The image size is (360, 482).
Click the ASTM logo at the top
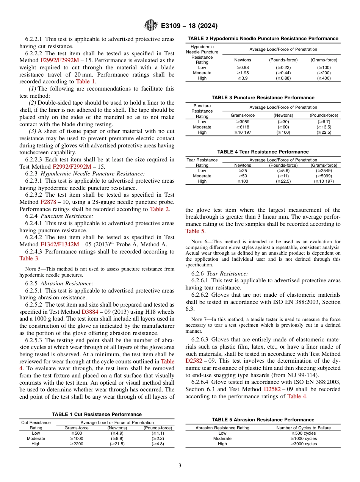[x=150, y=26]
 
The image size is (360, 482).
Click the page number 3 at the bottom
[x=180, y=466]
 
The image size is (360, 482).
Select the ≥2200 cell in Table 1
[x=77, y=444]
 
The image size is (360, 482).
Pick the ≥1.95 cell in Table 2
[x=243, y=73]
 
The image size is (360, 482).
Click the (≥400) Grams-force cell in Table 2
[x=324, y=78]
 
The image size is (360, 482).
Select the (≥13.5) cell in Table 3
[x=324, y=127]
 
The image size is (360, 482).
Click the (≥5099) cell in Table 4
[x=324, y=176]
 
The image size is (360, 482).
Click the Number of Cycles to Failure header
[x=304, y=428]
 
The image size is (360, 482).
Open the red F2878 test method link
[x=48, y=202]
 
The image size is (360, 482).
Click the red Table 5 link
[x=195, y=231]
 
